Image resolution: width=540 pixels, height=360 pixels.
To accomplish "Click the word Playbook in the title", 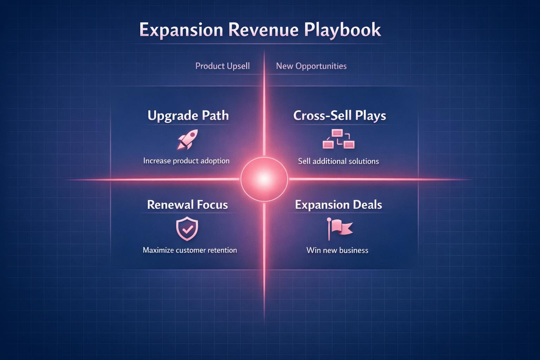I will coord(342,30).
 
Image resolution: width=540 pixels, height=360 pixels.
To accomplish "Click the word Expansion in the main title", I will coord(181,30).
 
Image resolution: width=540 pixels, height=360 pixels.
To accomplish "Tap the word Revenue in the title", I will coord(263,30).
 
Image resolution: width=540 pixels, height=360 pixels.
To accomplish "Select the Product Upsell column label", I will coord(223,66).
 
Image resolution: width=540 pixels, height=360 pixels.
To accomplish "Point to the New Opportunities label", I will coord(311,66).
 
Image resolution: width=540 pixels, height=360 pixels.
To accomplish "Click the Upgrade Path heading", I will coord(188,116).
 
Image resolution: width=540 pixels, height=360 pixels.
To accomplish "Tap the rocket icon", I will coord(187,140).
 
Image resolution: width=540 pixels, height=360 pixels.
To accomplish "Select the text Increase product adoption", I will coord(186,161).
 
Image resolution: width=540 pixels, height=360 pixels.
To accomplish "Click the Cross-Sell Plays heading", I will coord(340,116).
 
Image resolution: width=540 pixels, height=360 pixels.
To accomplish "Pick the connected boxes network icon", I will coord(339,139).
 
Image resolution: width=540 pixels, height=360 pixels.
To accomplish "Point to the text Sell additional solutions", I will coord(338,161).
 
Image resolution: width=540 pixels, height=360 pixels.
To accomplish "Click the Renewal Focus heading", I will coord(187,205).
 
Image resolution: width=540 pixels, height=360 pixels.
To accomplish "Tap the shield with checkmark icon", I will coord(187,229).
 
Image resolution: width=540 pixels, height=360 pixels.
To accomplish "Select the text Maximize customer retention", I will coord(190,250).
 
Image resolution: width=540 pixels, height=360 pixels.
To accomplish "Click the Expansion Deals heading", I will coord(338,205).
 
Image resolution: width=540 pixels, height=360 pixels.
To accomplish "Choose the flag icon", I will coord(339,229).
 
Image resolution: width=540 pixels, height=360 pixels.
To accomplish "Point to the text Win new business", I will coord(337,250).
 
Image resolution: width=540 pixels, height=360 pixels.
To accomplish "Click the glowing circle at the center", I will coord(264,179).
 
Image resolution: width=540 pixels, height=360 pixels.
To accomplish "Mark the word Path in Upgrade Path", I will coord(215,116).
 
